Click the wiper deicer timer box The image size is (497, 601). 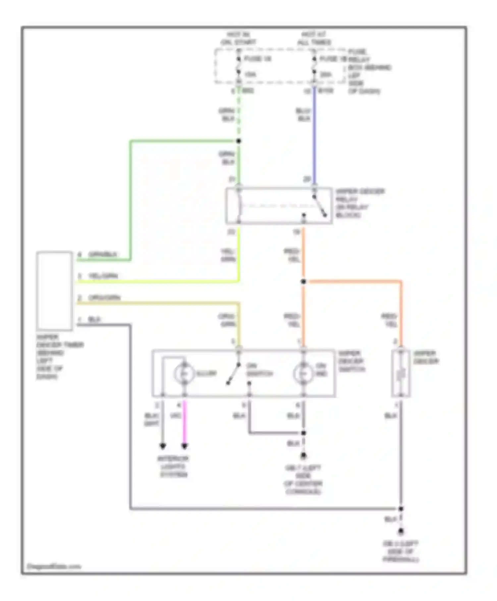[55, 291]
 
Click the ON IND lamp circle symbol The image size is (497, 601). [303, 374]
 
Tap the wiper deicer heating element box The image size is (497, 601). [401, 373]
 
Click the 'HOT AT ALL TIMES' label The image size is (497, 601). [314, 38]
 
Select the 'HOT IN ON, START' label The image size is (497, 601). [239, 38]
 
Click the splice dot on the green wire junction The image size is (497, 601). [239, 141]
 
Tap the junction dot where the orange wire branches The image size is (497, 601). [303, 282]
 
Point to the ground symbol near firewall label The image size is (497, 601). [401, 531]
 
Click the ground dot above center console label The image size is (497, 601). [303, 456]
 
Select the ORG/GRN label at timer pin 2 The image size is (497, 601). [104, 298]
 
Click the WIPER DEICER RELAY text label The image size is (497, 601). [359, 203]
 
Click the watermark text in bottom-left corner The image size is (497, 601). [54, 566]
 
